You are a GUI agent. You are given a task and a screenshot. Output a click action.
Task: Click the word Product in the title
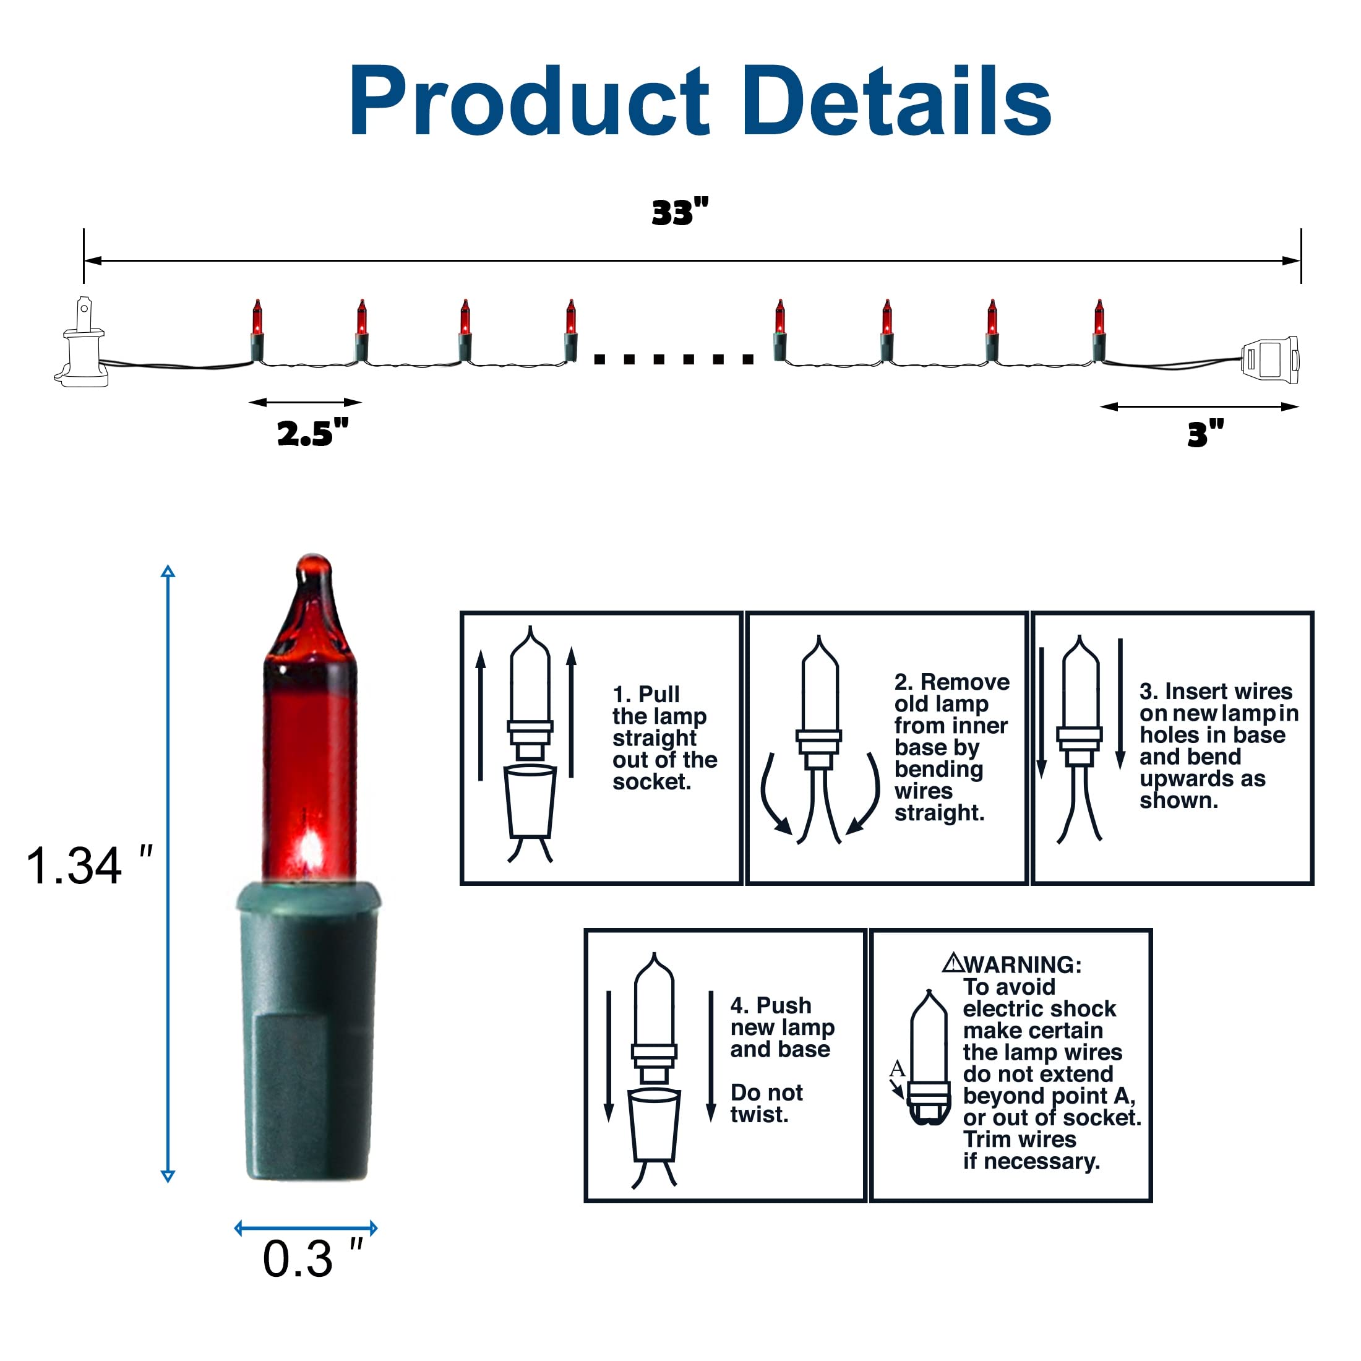click(x=529, y=101)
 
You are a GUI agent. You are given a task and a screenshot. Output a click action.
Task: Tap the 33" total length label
click(x=680, y=212)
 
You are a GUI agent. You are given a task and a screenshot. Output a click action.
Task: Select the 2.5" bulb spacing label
click(x=312, y=432)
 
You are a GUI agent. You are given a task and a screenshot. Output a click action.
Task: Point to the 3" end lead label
click(x=1205, y=433)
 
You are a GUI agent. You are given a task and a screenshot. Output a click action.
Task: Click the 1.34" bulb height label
click(x=88, y=865)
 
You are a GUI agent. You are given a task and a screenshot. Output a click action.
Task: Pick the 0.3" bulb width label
click(x=312, y=1258)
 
